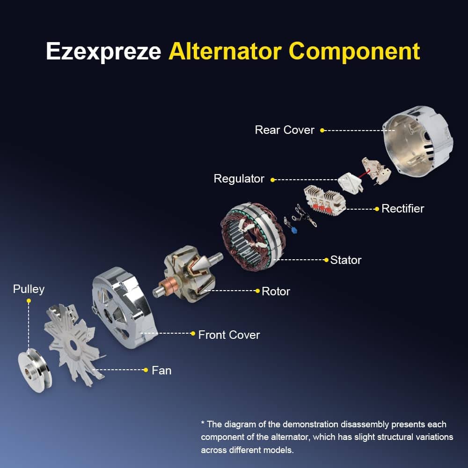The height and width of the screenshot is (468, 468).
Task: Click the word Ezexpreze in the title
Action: pyautogui.click(x=103, y=51)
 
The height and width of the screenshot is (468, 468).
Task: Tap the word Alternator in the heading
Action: pyautogui.click(x=225, y=51)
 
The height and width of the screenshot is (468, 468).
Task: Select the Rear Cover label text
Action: pyautogui.click(x=285, y=130)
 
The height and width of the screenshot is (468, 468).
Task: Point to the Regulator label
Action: pyautogui.click(x=239, y=179)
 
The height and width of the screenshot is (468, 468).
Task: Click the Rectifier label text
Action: pyautogui.click(x=402, y=209)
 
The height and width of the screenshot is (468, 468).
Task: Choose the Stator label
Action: pyautogui.click(x=346, y=260)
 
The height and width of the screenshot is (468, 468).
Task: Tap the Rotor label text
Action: pyautogui.click(x=276, y=291)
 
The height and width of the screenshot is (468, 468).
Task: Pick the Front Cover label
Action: pyautogui.click(x=229, y=335)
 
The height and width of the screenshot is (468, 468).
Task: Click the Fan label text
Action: pyautogui.click(x=161, y=370)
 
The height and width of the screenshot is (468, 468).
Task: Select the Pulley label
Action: pyautogui.click(x=29, y=289)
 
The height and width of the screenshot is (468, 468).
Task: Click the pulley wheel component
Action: pyautogui.click(x=35, y=371)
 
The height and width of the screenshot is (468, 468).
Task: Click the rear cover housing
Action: pyautogui.click(x=417, y=141)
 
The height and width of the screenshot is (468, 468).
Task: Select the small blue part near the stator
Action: pyautogui.click(x=294, y=229)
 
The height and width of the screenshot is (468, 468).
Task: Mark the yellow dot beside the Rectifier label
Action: pyautogui.click(x=377, y=209)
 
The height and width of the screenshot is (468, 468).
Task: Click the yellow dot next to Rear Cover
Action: pyautogui.click(x=322, y=130)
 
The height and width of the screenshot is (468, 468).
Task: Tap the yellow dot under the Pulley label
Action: pyautogui.click(x=29, y=301)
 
